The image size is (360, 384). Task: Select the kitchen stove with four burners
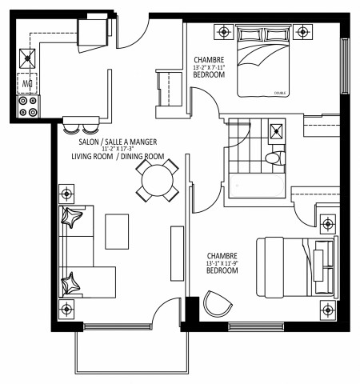[x=28, y=106]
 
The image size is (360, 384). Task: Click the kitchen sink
[x=28, y=57]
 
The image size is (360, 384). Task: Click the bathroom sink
[x=277, y=131]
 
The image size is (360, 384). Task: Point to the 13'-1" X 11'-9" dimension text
[x=222, y=262]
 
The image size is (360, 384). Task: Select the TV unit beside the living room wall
[x=176, y=253]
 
